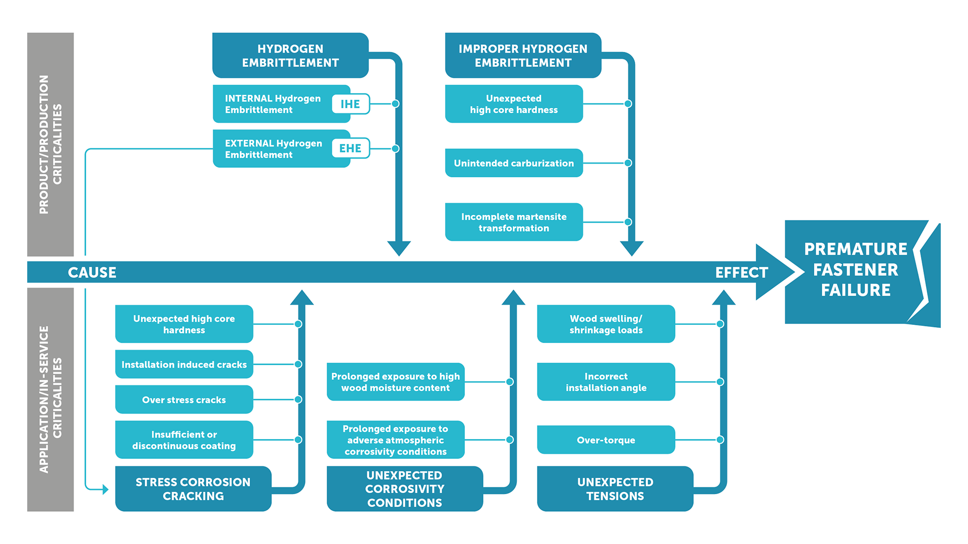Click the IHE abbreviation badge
[350, 104]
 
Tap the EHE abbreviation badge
[350, 148]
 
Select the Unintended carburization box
[514, 163]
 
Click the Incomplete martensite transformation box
[514, 222]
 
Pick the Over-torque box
[606, 440]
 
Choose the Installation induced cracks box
[184, 364]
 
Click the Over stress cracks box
[184, 399]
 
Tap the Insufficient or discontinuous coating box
[184, 440]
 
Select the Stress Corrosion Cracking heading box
[193, 489]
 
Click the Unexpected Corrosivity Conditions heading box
[405, 489]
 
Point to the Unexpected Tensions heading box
[615, 489]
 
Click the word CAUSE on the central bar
[92, 273]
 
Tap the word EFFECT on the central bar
[742, 273]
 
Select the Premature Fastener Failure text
[856, 269]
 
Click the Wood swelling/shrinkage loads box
[606, 324]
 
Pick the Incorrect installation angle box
[606, 382]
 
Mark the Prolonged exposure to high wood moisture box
[396, 382]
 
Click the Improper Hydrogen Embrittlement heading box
[523, 55]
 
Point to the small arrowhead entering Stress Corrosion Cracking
[105, 489]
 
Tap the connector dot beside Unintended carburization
[628, 163]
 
